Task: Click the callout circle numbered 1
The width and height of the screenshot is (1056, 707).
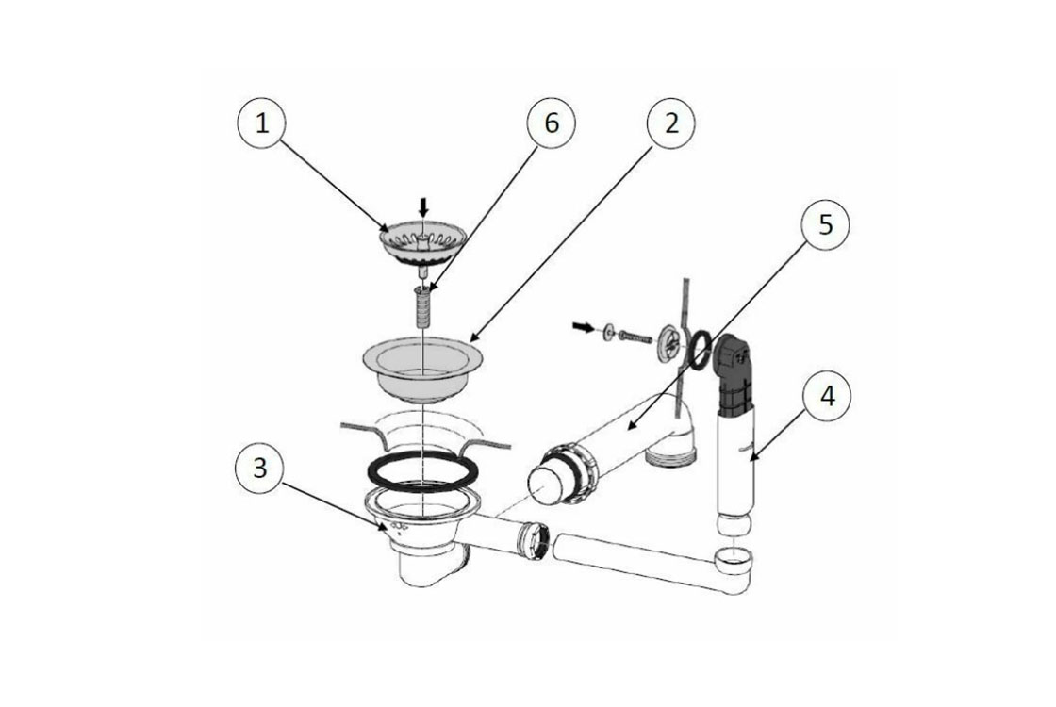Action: pyautogui.click(x=262, y=123)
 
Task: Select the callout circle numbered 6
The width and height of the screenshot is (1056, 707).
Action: pyautogui.click(x=552, y=123)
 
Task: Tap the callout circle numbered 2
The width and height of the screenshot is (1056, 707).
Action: pyautogui.click(x=671, y=123)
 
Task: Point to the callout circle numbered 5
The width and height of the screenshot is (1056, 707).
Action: pyautogui.click(x=825, y=225)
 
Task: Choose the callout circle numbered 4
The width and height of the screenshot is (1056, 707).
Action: pyautogui.click(x=826, y=396)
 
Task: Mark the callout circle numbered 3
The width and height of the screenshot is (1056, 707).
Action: pyautogui.click(x=260, y=468)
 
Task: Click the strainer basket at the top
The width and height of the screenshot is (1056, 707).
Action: pyautogui.click(x=423, y=246)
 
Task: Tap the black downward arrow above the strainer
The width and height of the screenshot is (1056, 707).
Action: pyautogui.click(x=423, y=206)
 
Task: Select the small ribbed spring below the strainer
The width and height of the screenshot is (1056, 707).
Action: pyautogui.click(x=421, y=304)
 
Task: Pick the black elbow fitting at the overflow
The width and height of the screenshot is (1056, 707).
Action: pyautogui.click(x=732, y=374)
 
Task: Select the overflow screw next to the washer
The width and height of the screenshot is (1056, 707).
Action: pyautogui.click(x=635, y=334)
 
